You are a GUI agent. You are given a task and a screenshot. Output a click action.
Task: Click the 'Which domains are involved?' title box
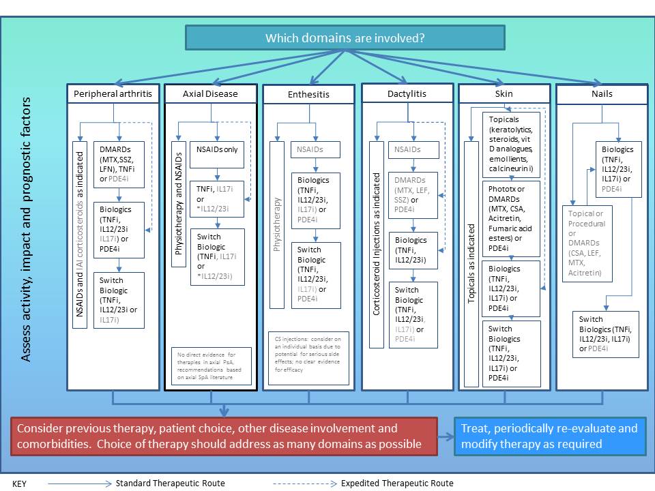[x=345, y=38]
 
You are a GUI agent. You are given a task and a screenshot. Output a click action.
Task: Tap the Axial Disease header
[x=211, y=93]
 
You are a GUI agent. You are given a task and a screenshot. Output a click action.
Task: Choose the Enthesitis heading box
[x=308, y=95]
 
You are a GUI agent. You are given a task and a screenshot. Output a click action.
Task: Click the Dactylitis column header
[x=407, y=93]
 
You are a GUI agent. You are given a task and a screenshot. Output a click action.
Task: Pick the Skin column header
[x=504, y=93]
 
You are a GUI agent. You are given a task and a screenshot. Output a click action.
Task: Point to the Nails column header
[x=602, y=94]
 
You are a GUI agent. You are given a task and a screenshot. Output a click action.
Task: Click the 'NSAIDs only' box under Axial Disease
[x=217, y=150]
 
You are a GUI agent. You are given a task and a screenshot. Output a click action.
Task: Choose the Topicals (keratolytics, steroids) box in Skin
[x=511, y=143]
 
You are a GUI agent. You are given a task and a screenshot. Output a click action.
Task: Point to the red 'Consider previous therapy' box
[x=224, y=436]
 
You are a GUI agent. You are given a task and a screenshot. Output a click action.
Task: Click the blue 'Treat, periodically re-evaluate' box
[x=550, y=436]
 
